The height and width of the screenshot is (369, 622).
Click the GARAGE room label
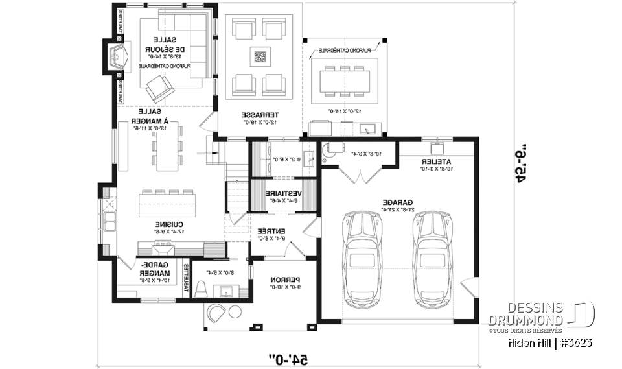pos(393,202)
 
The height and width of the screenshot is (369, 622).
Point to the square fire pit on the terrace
pos(260,56)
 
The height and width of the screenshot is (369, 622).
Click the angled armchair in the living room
pos(159,87)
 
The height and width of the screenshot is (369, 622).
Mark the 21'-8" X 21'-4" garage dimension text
pos(393,209)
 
